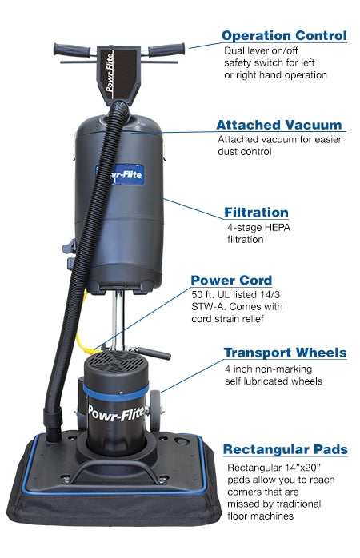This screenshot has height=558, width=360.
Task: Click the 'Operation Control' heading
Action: pos(284,36)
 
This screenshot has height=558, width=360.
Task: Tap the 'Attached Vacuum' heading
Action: pos(279,125)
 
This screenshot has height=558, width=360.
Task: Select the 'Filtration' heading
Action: pos(256,213)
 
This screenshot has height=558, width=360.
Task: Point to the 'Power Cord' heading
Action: pos(231,280)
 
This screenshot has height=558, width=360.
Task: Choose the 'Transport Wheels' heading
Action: pos(285,353)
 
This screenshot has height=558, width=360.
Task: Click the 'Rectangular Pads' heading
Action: pos(285,449)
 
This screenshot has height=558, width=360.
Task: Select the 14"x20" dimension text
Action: pos(303,467)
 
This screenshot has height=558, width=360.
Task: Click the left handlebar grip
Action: pos(71,50)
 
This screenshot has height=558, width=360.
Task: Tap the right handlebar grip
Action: pos(166,50)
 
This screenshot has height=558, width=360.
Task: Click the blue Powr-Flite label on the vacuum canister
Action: pos(120,175)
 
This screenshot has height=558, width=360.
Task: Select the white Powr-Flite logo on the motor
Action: pos(117,413)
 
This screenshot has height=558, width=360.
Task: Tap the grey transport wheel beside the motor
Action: pos(156,411)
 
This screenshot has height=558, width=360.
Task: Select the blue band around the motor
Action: pos(116,393)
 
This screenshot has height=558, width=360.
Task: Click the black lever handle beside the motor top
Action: pos(153,353)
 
